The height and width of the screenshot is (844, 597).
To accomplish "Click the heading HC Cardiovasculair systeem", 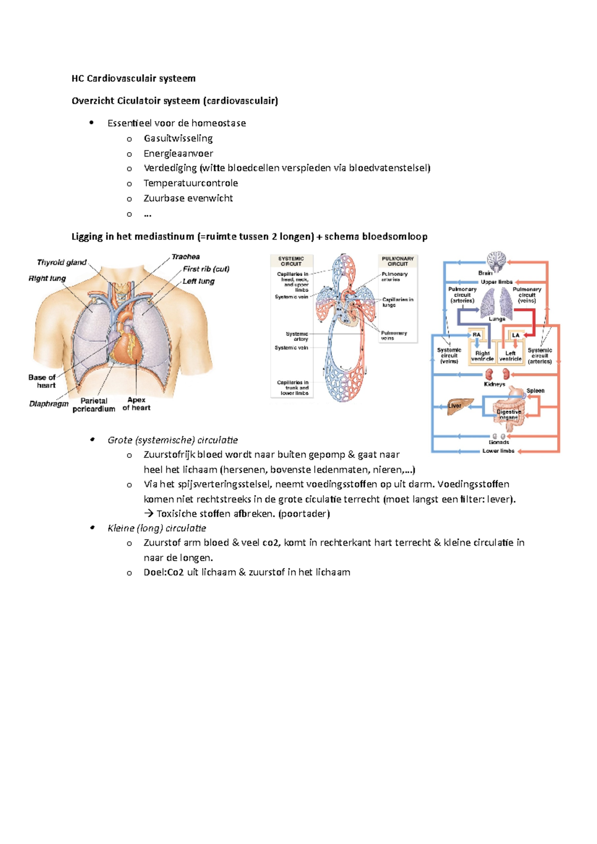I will pos(133,79).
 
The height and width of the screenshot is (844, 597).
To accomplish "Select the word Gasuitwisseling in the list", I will pos(178,138).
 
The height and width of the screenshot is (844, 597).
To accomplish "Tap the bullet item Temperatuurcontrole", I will pos(191,183).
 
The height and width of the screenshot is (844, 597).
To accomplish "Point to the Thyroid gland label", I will pos(62,262).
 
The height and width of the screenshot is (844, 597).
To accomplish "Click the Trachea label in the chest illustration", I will pos(186,257).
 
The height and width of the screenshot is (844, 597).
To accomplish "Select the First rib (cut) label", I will pos(206,269).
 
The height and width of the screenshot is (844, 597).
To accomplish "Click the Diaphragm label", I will pos(49,404).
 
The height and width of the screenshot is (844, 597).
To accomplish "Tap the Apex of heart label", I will pos(136,404).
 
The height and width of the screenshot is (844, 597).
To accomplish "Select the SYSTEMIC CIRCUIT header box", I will pos(291,261).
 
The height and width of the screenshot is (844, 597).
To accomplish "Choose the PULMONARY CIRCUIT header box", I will pos(398,261).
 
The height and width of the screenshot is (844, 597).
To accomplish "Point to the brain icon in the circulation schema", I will pos(496,261).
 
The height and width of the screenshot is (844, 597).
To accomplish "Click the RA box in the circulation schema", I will pos(477,335).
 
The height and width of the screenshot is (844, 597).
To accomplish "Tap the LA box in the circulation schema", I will pos(516,335).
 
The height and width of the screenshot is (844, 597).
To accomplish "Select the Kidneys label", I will pos(495,384).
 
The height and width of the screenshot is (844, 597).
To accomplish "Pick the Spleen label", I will pos(535,391).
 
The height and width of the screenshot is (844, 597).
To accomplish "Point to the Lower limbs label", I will pos(498,451).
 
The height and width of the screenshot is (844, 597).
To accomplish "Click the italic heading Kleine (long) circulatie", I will pos(157,528).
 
